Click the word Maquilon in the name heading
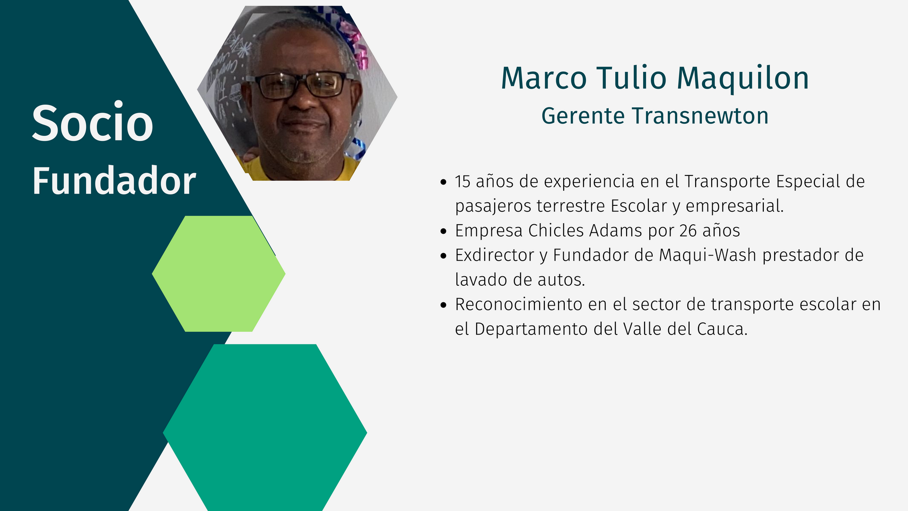[x=743, y=79]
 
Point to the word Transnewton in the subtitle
[x=700, y=116]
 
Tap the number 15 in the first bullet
[x=463, y=181]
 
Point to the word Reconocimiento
[x=519, y=304]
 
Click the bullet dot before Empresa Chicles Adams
[x=443, y=231]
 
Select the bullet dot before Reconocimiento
[x=443, y=305]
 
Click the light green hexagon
[x=218, y=273]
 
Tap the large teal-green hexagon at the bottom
[x=265, y=428]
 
